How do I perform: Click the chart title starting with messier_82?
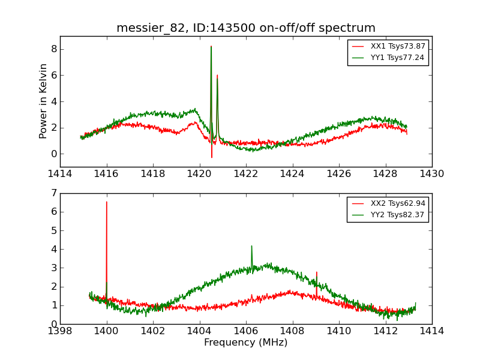[x=246, y=28]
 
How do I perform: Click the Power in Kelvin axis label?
[x=43, y=101]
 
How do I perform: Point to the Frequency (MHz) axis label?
[x=246, y=343]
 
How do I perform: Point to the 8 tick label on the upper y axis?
[x=53, y=49]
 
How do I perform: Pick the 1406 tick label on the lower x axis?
[x=246, y=331]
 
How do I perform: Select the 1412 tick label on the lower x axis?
[x=385, y=331]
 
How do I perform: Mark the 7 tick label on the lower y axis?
[x=53, y=193]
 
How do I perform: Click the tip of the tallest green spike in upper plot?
[x=211, y=46]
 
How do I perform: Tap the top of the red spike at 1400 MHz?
[x=107, y=202]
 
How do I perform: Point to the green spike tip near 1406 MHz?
[x=251, y=246]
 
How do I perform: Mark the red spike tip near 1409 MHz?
[x=317, y=272]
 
